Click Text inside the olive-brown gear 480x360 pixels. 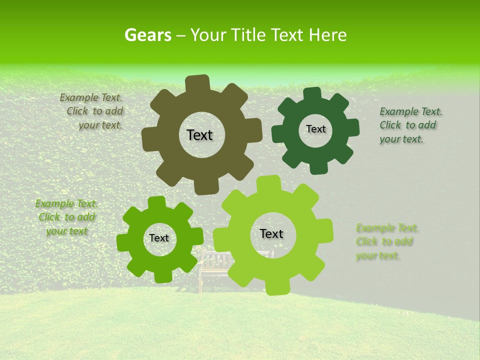pyautogui.click(x=199, y=135)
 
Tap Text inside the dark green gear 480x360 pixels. pyautogui.click(x=315, y=129)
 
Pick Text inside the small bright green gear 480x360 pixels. pyautogui.click(x=159, y=238)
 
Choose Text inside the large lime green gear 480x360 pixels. pyautogui.click(x=271, y=233)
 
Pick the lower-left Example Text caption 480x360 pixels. pyautogui.click(x=66, y=217)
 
